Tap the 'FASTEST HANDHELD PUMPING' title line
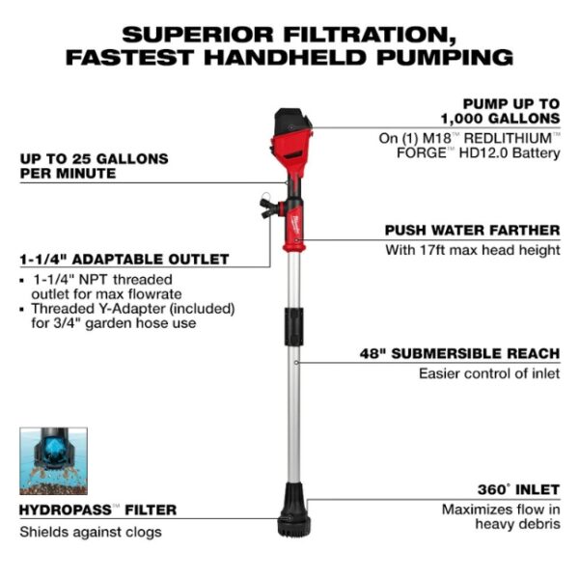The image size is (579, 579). coord(289,57)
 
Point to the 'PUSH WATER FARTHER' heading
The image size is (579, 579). coord(472,231)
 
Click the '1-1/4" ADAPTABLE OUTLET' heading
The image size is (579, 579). coord(124,260)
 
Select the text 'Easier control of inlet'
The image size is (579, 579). coord(488,373)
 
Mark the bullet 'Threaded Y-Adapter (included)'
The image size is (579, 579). coord(127,309)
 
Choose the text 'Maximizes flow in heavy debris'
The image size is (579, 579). coord(500,516)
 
